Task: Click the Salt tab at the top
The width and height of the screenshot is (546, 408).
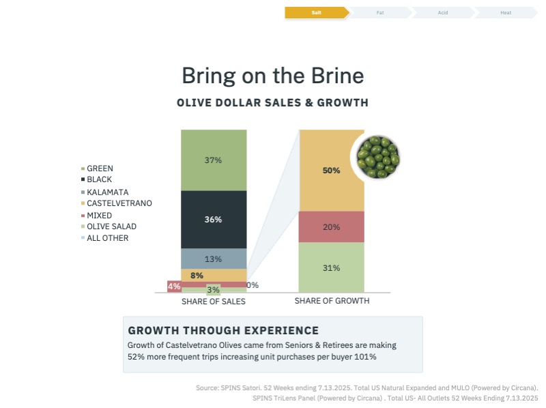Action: [x=316, y=12]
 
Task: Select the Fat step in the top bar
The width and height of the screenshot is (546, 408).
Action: [x=379, y=12]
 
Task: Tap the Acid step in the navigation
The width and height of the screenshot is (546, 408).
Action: [x=442, y=12]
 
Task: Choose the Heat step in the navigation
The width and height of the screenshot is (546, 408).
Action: [x=505, y=12]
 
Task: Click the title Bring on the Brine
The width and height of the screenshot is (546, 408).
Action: [x=272, y=74]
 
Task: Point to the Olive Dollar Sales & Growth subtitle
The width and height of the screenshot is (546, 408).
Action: [x=272, y=103]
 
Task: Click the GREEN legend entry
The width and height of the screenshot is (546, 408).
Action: [x=100, y=169]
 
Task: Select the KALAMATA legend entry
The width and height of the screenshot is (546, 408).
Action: [x=107, y=192]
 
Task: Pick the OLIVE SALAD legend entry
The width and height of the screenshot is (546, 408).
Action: [x=111, y=227]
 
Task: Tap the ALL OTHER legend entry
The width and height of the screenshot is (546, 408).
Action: [x=107, y=238]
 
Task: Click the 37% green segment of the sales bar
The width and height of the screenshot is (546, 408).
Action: [x=214, y=160]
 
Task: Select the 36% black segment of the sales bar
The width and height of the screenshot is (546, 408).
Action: [x=214, y=220]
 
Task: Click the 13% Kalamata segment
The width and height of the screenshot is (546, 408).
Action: [x=214, y=259]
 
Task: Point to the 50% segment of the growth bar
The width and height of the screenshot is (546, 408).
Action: [x=331, y=171]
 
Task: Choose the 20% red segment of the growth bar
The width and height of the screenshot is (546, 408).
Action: [x=331, y=227]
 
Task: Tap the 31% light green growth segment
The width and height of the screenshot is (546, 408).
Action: [x=331, y=267]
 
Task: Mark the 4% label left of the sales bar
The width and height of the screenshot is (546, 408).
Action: [x=174, y=287]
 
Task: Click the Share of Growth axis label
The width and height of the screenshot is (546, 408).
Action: [x=332, y=301]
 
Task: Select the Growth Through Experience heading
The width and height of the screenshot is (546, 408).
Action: [x=223, y=330]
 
